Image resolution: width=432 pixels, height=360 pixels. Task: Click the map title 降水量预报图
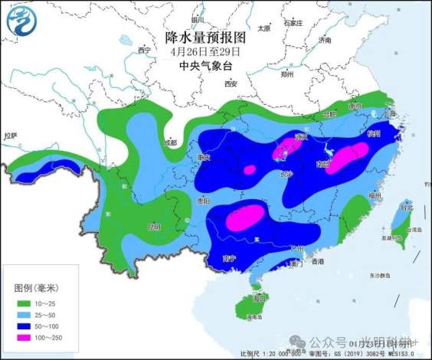pyautogui.click(x=207, y=36)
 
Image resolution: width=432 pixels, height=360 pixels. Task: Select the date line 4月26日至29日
pyautogui.click(x=207, y=51)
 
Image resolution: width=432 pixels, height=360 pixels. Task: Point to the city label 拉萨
pyautogui.click(x=10, y=135)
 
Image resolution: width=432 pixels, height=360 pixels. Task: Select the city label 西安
pyautogui.click(x=232, y=83)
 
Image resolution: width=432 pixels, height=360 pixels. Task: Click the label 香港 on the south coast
pyautogui.click(x=317, y=262)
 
